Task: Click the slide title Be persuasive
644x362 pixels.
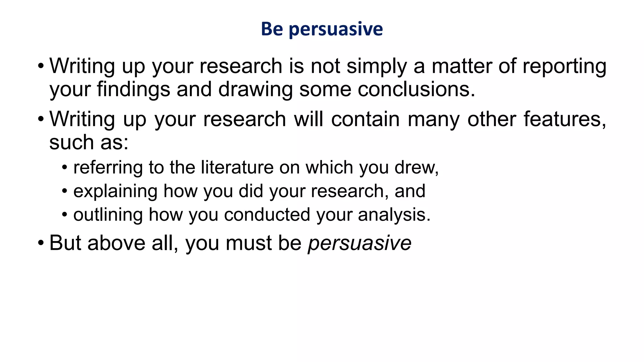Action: [x=322, y=29]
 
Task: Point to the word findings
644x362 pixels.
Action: [x=133, y=90]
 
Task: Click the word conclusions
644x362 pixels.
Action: [x=416, y=90]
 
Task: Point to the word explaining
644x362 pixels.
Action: [x=115, y=191]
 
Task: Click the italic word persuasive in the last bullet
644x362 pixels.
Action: [x=359, y=244]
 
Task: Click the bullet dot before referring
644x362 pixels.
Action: [x=64, y=167]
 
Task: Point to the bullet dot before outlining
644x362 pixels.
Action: [x=64, y=215]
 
